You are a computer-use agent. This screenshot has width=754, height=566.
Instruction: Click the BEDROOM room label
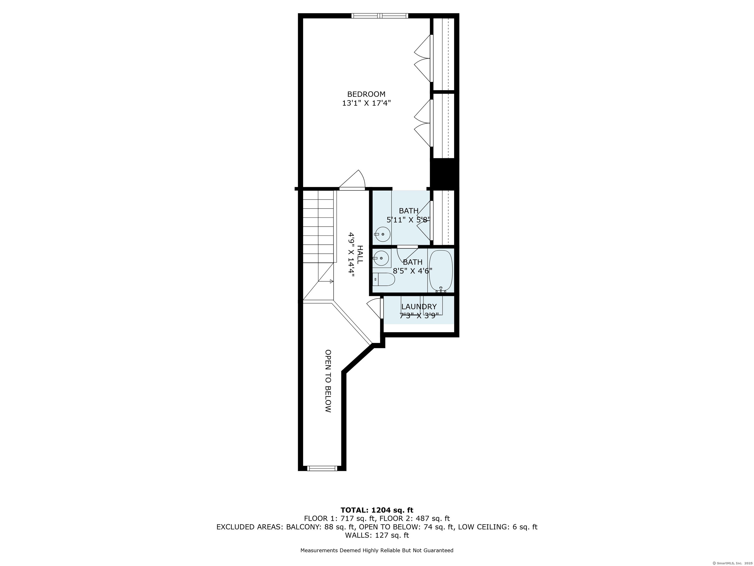click(x=366, y=94)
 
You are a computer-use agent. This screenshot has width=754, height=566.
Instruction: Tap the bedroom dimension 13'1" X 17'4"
click(x=366, y=103)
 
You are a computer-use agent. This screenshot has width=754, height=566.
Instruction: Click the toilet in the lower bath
click(x=383, y=279)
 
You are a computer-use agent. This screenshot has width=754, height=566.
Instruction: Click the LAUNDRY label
click(x=419, y=307)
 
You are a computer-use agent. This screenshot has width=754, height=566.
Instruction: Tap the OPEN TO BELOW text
click(x=328, y=381)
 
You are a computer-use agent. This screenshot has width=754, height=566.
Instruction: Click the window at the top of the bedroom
click(x=380, y=16)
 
